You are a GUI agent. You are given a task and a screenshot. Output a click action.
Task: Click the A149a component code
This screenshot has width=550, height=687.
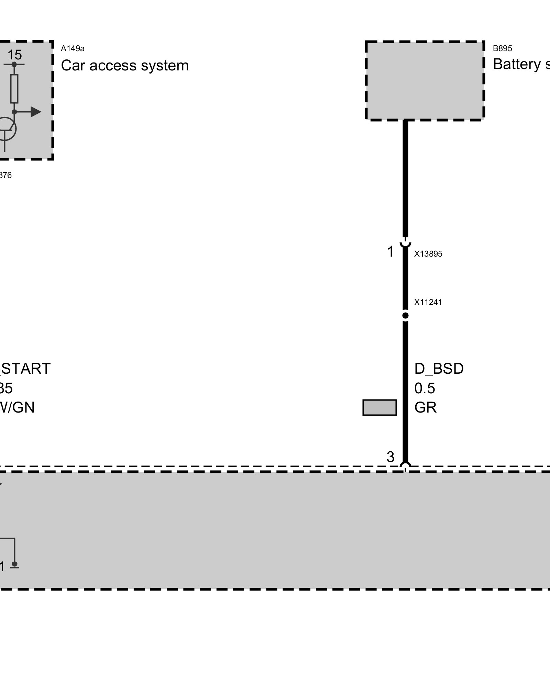pos(73,48)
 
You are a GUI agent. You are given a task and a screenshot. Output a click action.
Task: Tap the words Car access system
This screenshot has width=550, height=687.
pos(124,65)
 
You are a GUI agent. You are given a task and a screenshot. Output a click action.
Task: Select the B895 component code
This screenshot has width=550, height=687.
pos(502,48)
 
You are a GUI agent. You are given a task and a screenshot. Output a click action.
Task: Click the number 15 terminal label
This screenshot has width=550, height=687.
pos(14,55)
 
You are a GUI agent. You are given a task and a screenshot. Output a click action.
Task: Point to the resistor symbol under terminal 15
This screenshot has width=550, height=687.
pos(14,89)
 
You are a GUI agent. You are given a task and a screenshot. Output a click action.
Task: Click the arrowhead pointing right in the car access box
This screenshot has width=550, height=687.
pos(36,112)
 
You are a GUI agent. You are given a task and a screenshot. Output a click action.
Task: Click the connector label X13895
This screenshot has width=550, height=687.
pos(428,254)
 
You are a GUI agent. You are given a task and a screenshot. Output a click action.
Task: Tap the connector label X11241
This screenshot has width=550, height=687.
pos(428,302)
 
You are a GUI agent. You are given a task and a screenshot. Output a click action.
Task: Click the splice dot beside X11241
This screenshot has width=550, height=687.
pos(406,315)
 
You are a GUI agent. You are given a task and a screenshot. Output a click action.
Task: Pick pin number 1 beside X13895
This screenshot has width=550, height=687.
pos(390,252)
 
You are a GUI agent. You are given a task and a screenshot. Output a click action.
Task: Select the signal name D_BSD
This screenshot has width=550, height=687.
pos(439,369)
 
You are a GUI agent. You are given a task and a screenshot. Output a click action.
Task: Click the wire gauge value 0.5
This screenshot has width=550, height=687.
pos(425,388)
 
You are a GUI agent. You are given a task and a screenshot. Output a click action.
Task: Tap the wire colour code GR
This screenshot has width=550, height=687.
pos(426,407)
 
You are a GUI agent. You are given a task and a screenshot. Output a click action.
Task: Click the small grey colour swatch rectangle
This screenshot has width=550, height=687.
pos(379,407)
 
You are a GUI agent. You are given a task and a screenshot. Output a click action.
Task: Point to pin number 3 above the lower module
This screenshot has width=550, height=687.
pos(390,457)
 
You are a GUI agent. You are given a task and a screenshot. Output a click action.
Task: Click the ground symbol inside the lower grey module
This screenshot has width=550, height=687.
pos(14,565)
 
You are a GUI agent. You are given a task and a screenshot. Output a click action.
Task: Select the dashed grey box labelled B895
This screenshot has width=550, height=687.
pos(425,81)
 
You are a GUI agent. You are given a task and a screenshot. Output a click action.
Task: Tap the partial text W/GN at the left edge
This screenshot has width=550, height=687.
pos(17,407)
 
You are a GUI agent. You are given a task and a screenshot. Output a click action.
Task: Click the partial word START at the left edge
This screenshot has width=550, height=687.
pos(26,369)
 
